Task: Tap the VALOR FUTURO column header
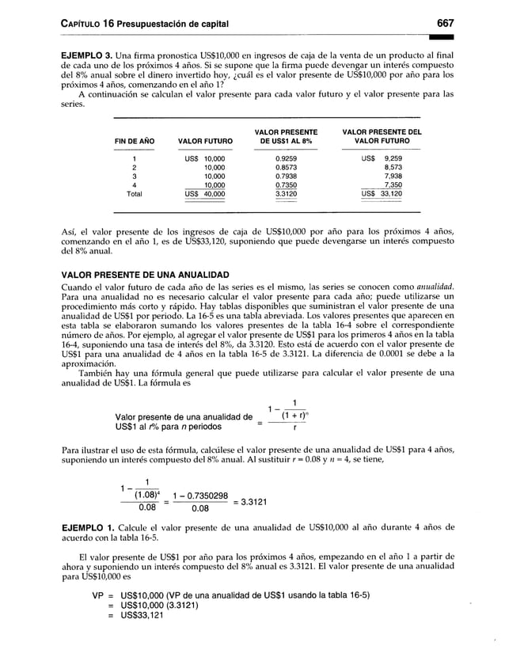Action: (x=205, y=141)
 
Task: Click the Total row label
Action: (x=135, y=193)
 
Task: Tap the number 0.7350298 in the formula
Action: (x=206, y=496)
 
